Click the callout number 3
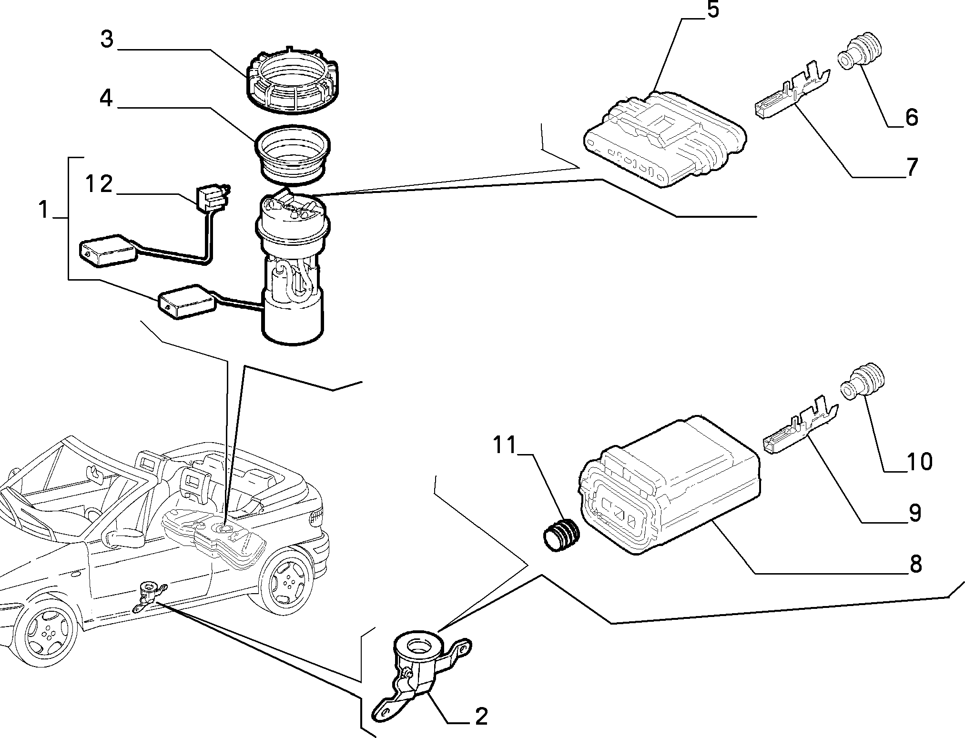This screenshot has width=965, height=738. [107, 40]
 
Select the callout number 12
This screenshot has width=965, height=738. [99, 184]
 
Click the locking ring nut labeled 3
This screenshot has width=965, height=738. [290, 80]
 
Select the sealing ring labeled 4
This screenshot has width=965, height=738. [293, 154]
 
